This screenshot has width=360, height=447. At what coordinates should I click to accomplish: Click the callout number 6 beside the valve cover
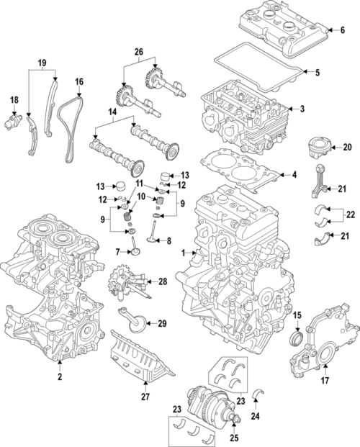tap(343, 30)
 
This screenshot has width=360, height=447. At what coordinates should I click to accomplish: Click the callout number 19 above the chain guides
tap(42, 63)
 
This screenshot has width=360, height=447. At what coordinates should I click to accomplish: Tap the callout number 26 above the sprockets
tap(138, 52)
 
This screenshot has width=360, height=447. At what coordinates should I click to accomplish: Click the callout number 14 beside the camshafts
tap(111, 113)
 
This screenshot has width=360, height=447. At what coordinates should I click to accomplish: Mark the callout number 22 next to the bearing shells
tap(351, 215)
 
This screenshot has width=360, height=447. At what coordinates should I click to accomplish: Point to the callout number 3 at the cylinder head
tap(302, 109)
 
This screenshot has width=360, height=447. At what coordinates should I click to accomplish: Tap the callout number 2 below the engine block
tap(59, 376)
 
